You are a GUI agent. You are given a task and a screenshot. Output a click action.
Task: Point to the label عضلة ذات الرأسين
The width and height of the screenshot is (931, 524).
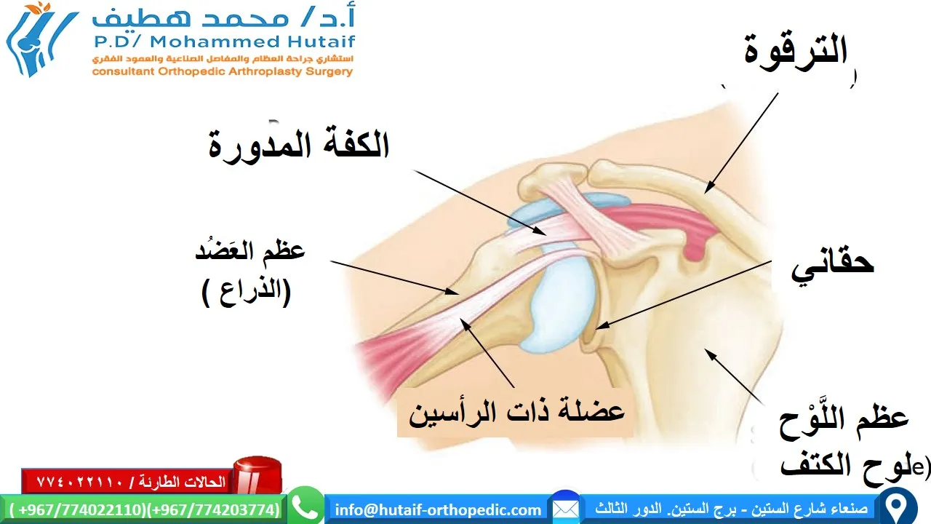point(516,413)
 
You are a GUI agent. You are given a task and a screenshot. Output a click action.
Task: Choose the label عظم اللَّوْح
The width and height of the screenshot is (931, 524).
point(844,420)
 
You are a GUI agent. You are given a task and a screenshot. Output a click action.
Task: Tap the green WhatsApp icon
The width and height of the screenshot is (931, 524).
point(305,506)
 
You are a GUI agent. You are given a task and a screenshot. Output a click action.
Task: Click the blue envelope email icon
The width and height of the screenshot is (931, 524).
point(564,507)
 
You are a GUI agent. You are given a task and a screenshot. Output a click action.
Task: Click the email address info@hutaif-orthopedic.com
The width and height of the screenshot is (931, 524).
point(438,509)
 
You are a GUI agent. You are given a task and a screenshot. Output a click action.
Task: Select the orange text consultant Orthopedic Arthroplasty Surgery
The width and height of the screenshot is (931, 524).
point(222,71)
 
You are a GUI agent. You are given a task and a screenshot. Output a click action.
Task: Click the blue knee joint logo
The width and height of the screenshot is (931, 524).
point(40,40)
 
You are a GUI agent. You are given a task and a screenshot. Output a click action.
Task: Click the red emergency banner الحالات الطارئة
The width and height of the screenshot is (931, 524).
point(127,481)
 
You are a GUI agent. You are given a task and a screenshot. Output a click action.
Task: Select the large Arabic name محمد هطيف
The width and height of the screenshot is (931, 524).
point(218,18)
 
